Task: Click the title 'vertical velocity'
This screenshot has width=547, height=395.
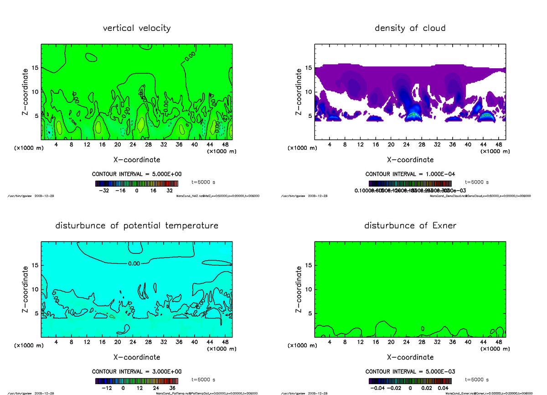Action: click(x=137, y=28)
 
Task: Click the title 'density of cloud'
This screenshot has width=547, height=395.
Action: click(x=410, y=28)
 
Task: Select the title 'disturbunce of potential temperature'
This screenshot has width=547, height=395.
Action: click(x=137, y=226)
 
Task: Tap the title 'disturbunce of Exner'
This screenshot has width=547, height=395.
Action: click(x=410, y=226)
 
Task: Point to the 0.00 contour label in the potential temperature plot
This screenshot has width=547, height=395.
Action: click(x=134, y=263)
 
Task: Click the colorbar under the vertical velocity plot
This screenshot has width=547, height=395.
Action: click(x=136, y=183)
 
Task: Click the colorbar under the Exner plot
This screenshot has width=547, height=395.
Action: click(x=410, y=381)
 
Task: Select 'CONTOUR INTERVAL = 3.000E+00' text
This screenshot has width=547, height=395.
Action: click(x=137, y=371)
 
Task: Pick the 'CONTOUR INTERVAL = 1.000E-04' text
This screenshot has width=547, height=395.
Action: click(x=410, y=174)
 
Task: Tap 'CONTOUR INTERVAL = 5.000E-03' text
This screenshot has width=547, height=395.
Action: click(x=410, y=371)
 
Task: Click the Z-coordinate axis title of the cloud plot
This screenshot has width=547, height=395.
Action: click(x=299, y=91)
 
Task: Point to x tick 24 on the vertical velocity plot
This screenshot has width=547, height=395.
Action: click(x=133, y=144)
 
